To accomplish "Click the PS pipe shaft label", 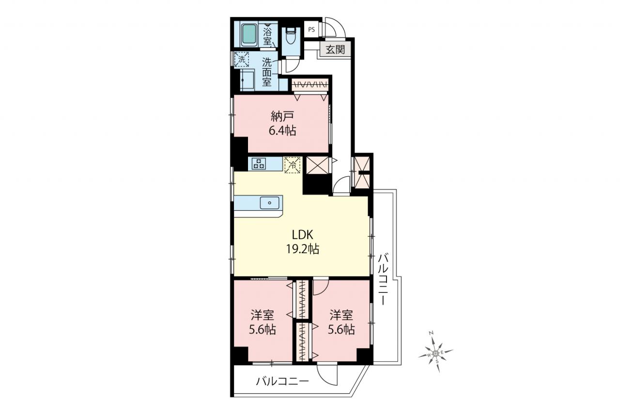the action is pyautogui.click(x=311, y=30).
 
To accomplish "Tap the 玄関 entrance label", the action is pyautogui.click(x=335, y=50).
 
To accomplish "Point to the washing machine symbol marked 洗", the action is pyautogui.click(x=242, y=59).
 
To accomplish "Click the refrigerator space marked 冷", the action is pyautogui.click(x=293, y=165).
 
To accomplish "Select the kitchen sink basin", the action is pyautogui.click(x=270, y=203).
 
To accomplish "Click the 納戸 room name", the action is pyautogui.click(x=282, y=117).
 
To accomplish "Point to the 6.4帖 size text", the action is pyautogui.click(x=282, y=131).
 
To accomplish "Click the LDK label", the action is pyautogui.click(x=303, y=235).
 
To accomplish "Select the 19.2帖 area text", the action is pyautogui.click(x=303, y=249).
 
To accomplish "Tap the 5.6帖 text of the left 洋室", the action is pyautogui.click(x=263, y=330).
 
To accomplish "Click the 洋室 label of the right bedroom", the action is pyautogui.click(x=341, y=316).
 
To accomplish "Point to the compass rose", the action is pyautogui.click(x=435, y=352).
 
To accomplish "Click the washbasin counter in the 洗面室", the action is pyautogui.click(x=247, y=80).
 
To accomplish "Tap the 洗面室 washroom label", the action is pyautogui.click(x=267, y=72).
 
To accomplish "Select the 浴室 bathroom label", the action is pyautogui.click(x=267, y=36).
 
